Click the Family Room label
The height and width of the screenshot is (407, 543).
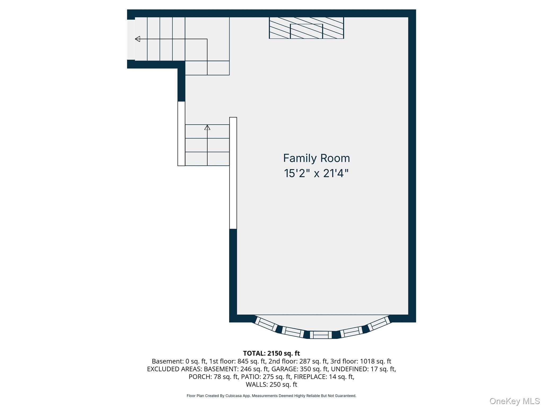click(317, 158)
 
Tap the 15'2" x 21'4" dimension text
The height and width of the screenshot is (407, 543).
click(316, 173)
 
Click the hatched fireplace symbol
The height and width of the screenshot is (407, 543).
click(306, 28)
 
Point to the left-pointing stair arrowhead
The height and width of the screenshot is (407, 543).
click(137, 39)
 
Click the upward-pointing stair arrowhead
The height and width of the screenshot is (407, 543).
click(207, 127)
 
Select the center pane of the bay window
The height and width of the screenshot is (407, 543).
click(321, 335)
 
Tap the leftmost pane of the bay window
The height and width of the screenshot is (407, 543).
click(266, 324)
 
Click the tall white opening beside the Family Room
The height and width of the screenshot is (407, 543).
click(233, 173)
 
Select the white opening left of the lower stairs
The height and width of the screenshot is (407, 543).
click(181, 134)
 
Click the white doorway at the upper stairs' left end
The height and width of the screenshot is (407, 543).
click(131, 39)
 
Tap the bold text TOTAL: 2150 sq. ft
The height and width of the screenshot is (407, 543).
click(271, 353)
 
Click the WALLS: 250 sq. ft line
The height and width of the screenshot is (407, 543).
click(271, 384)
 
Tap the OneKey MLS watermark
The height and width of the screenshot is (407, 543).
click(515, 401)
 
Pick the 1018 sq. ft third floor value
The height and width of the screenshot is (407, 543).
click(375, 361)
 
